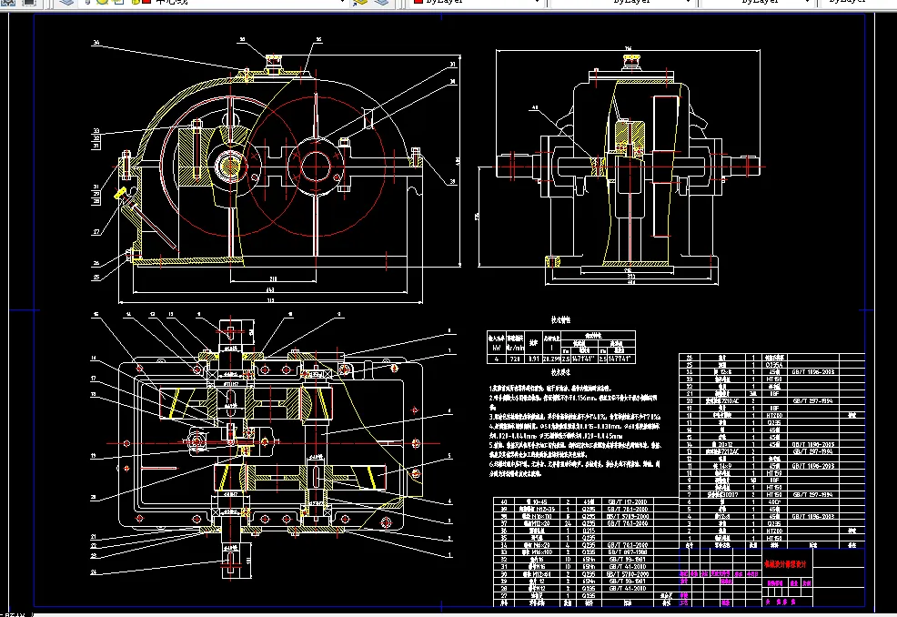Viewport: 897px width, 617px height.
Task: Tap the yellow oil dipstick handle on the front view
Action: click(x=119, y=194)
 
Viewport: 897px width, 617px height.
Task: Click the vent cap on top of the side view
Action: click(x=627, y=59)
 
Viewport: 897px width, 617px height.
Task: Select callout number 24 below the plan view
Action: click(x=95, y=572)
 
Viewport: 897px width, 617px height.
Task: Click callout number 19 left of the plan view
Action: click(x=95, y=455)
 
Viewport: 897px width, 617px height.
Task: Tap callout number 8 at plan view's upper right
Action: click(x=448, y=329)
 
